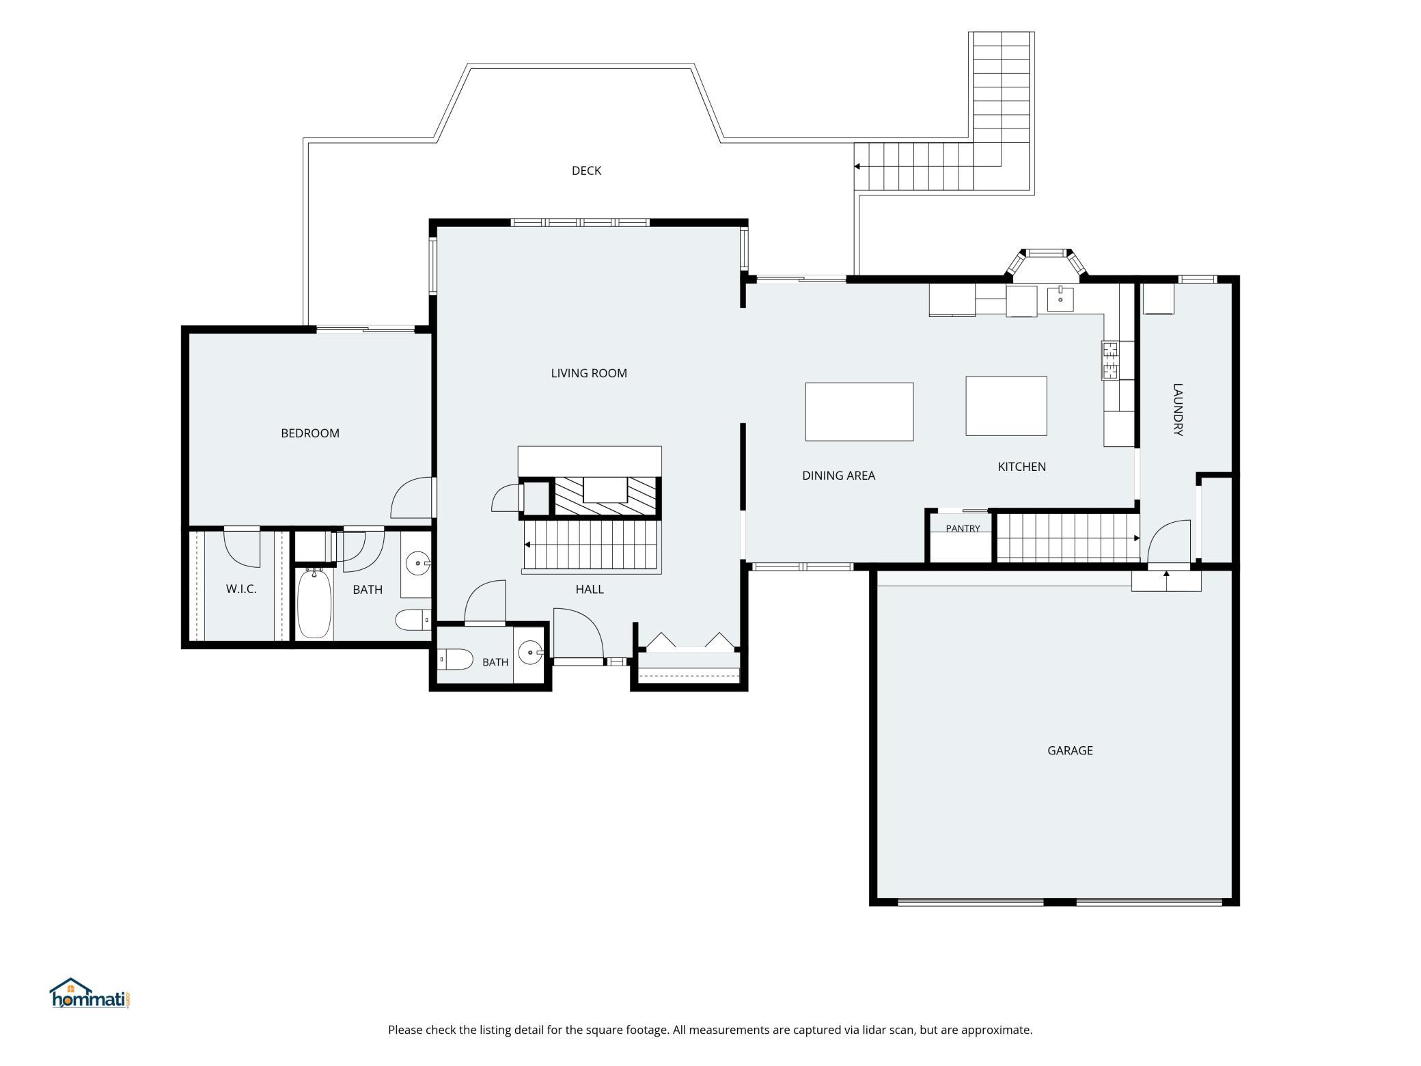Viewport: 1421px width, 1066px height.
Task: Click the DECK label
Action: pos(586,171)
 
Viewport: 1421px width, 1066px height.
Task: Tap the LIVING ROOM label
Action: pos(589,373)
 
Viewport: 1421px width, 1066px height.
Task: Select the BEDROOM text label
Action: pos(310,433)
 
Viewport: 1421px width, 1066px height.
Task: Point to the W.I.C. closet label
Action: pos(241,589)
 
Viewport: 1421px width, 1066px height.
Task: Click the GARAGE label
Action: pos(1070,750)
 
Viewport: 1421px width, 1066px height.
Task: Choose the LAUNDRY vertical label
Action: pos(1178,409)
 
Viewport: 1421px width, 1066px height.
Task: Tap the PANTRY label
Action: pos(963,528)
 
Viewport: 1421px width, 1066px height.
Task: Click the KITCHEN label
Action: pos(1021,467)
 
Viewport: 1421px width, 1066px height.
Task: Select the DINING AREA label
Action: pos(838,476)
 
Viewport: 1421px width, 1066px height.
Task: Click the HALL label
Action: pos(589,589)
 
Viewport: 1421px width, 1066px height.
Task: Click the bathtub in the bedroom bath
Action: pos(314,603)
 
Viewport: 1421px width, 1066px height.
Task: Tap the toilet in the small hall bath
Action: pos(455,660)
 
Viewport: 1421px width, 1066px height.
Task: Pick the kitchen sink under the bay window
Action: pos(1060,299)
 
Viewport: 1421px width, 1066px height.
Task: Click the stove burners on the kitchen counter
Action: pos(1110,360)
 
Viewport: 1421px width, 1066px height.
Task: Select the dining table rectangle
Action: pos(859,411)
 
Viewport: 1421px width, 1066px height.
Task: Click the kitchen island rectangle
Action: pos(1006,406)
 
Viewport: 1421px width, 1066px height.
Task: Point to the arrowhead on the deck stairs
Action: pos(857,166)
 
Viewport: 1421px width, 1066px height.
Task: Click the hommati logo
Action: pos(89,994)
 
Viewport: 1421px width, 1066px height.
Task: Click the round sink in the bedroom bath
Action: pos(416,564)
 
